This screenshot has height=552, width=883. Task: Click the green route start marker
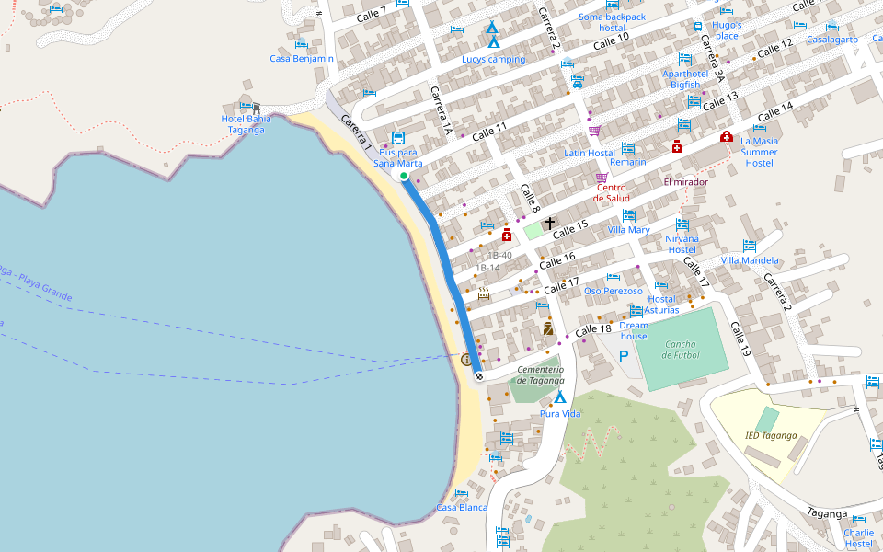click(404, 175)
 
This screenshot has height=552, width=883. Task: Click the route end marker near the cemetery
click(479, 376)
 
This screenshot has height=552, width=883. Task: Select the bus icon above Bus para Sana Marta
click(397, 137)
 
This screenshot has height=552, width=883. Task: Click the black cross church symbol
click(550, 223)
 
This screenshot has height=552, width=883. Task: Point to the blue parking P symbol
click(624, 356)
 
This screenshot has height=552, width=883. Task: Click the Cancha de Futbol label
click(681, 349)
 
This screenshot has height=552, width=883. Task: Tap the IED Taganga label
click(771, 435)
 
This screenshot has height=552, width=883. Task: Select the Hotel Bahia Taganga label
click(246, 124)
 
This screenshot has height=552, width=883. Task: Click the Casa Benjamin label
click(302, 58)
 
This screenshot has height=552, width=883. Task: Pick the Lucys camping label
click(494, 59)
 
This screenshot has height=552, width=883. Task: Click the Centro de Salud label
click(611, 192)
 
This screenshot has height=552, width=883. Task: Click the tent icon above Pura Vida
click(559, 397)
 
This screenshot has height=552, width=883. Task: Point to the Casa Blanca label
click(462, 507)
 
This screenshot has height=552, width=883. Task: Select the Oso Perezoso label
click(614, 291)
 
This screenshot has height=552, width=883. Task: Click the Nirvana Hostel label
click(682, 244)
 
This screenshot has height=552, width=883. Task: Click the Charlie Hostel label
click(858, 537)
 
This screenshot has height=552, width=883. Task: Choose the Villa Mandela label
click(750, 260)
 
